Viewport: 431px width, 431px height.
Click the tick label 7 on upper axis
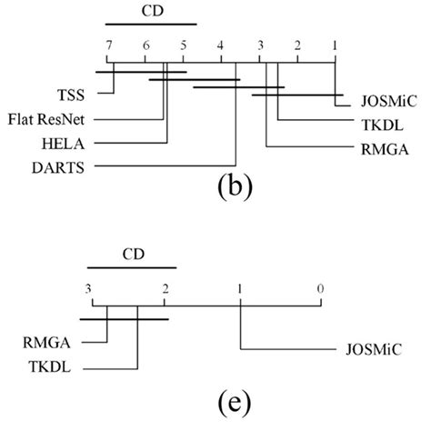click(x=109, y=45)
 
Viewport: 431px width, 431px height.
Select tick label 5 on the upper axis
click(x=183, y=45)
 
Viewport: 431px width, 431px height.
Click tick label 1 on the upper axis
click(x=336, y=45)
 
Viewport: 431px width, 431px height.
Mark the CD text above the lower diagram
click(x=131, y=256)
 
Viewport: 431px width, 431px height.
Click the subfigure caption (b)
click(x=228, y=189)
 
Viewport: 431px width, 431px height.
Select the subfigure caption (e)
click(x=218, y=401)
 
